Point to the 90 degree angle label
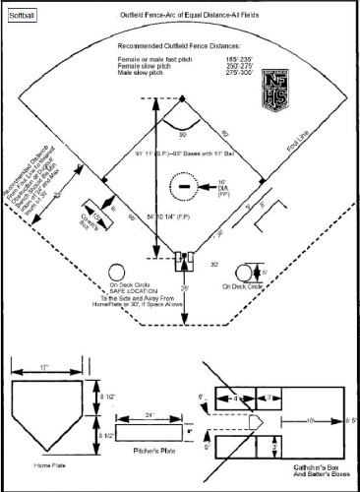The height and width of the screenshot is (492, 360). tap(182, 134)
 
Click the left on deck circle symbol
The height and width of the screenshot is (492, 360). tap(118, 272)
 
